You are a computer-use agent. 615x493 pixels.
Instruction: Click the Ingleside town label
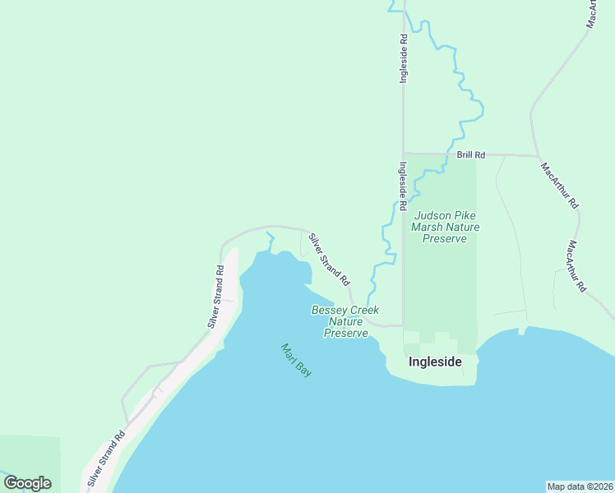click(x=435, y=362)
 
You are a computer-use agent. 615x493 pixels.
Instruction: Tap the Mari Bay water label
click(x=296, y=360)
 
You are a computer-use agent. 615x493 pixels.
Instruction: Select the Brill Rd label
click(x=471, y=154)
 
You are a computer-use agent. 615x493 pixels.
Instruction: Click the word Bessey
click(x=329, y=310)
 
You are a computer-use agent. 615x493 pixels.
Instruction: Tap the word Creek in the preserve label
click(x=365, y=310)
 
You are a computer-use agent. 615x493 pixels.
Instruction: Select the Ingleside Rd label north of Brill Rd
click(x=403, y=58)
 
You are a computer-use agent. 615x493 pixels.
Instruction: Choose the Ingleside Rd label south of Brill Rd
click(x=403, y=187)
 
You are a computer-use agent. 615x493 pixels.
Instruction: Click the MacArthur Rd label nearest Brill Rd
click(x=560, y=187)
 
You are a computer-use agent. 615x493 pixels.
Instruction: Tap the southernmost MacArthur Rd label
click(x=576, y=266)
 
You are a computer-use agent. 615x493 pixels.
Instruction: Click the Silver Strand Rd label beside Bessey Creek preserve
click(x=329, y=260)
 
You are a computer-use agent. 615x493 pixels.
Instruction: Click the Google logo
click(x=27, y=483)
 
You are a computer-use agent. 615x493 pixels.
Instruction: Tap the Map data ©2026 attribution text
click(x=580, y=486)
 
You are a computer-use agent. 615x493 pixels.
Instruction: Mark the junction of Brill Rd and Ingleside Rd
click(x=403, y=154)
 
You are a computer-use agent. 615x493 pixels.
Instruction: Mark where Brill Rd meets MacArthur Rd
click(x=537, y=155)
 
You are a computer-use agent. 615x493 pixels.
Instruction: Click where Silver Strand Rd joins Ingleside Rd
click(x=403, y=325)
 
